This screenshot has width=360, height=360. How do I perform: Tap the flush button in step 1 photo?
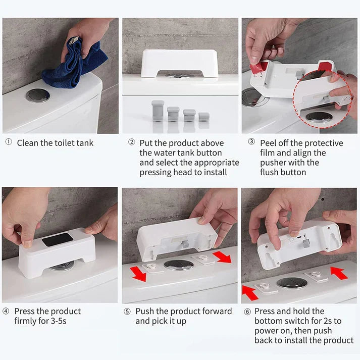click(x=38, y=95)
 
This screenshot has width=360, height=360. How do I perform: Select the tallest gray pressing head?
click(x=158, y=111)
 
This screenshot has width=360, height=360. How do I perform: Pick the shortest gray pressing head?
click(x=204, y=117)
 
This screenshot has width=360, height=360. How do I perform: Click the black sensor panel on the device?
click(x=58, y=240)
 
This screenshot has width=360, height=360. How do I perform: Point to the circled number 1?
click(x=9, y=142)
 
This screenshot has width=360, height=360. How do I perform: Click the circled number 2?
click(x=132, y=142)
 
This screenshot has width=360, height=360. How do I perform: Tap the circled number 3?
click(x=251, y=141)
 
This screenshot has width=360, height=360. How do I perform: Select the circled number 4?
click(x=6, y=311)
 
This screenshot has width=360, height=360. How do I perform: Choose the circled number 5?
click(x=127, y=312)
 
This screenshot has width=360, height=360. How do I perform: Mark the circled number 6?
click(x=247, y=312)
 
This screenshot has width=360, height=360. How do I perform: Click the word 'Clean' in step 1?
click(x=28, y=143)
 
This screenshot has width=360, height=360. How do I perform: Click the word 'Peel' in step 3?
click(x=268, y=143)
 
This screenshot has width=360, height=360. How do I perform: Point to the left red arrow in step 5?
click(x=138, y=274)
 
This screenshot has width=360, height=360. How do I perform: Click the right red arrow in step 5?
click(x=222, y=256)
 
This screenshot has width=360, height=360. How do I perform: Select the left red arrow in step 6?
click(x=250, y=292)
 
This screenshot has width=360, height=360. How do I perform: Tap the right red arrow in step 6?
click(x=339, y=273)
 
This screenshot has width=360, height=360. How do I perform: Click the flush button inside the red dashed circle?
click(x=319, y=117)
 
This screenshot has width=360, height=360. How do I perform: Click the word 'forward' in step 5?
click(x=216, y=312)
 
